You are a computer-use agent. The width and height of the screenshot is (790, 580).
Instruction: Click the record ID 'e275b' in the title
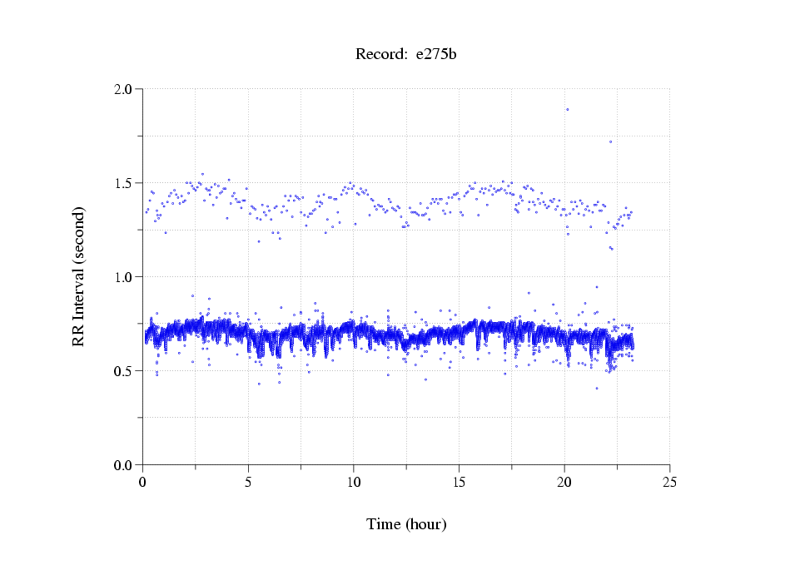tap(436, 55)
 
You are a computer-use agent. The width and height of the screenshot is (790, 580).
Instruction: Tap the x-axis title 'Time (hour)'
tap(406, 524)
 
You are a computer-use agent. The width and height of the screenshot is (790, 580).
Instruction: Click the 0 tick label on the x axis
tap(143, 481)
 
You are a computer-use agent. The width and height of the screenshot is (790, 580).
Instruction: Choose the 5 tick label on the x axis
tap(248, 481)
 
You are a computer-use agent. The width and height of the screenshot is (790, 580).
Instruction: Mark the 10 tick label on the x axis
tap(354, 481)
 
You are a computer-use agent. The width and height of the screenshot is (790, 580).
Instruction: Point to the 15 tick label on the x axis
tap(459, 481)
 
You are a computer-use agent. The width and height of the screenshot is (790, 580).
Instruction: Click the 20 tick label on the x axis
tap(564, 481)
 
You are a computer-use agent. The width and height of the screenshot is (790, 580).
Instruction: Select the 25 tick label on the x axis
tap(669, 481)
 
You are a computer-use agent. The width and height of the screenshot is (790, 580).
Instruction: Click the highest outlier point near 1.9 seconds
tap(568, 109)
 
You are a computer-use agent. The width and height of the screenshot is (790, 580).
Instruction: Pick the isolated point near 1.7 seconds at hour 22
tap(610, 141)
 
